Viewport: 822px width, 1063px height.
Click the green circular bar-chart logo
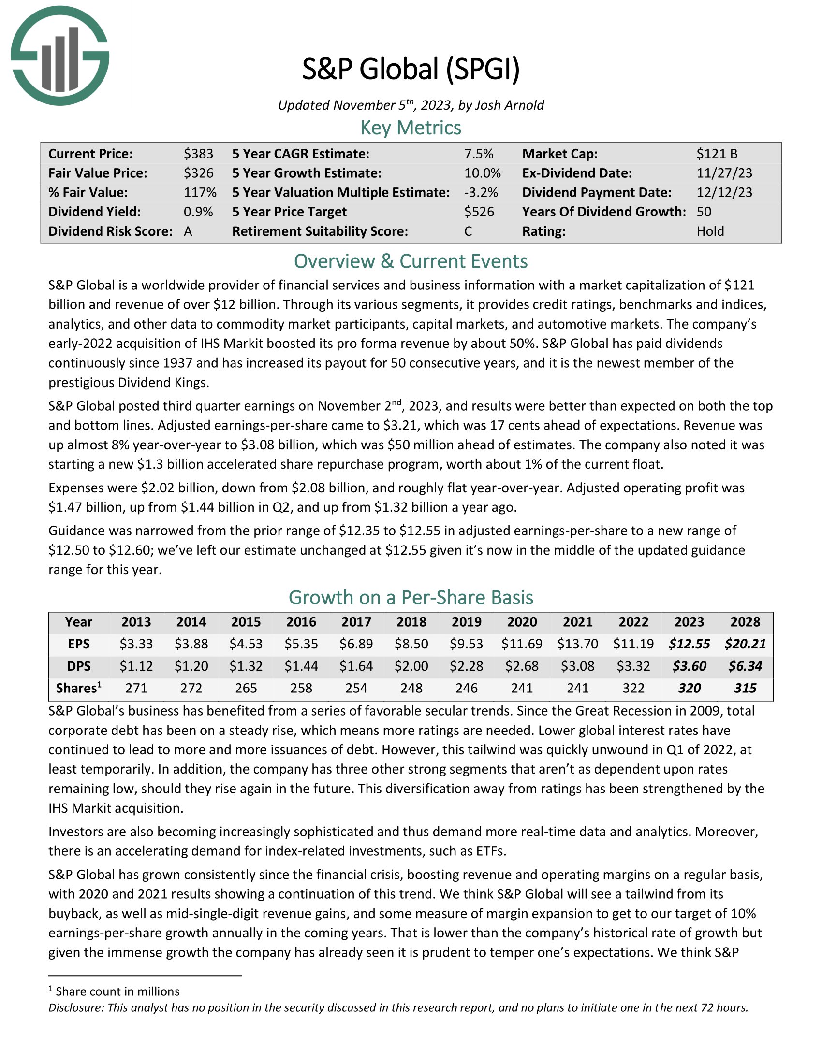tap(60, 56)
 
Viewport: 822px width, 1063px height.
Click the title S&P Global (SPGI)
tap(411, 69)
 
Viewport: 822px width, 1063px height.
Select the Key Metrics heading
tap(411, 128)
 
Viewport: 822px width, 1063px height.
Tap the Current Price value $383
tap(198, 154)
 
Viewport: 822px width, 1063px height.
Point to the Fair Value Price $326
tap(198, 173)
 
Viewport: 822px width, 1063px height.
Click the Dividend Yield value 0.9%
tap(198, 212)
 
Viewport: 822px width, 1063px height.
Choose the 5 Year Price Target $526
tap(479, 212)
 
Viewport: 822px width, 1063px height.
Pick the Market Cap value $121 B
tap(716, 154)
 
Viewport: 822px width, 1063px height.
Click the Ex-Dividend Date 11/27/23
tap(724, 173)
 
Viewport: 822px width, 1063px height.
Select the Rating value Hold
tap(710, 231)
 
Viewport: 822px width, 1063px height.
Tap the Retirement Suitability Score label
tap(320, 231)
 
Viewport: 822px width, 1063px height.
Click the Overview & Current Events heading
tap(411, 261)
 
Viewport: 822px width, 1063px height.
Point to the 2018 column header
tap(411, 622)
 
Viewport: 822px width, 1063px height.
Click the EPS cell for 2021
tap(577, 644)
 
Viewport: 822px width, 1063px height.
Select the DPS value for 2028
tap(745, 666)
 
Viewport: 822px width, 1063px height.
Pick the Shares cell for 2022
tap(633, 688)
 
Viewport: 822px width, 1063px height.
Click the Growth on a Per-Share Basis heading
tap(411, 597)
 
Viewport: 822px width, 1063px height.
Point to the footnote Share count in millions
tap(117, 991)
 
